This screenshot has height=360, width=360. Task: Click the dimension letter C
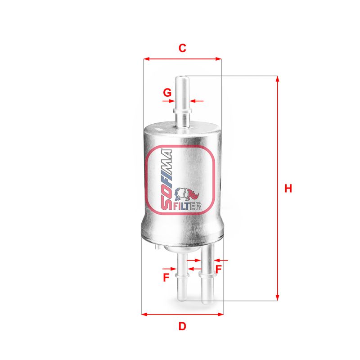(182, 48)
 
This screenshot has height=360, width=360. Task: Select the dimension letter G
(167, 93)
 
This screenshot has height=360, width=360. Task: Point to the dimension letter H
(288, 189)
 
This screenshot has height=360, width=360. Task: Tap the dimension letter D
(182, 326)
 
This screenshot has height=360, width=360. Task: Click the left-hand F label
(166, 278)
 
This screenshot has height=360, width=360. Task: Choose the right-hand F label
(219, 269)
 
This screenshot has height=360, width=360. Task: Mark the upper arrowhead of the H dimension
(278, 79)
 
